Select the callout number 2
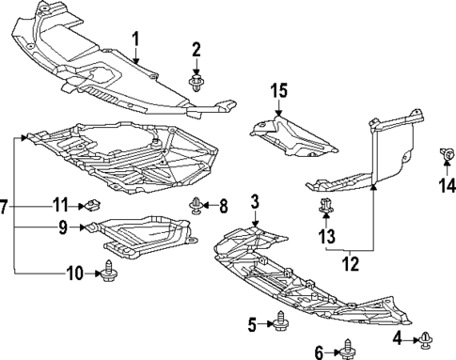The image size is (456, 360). tap(197, 49)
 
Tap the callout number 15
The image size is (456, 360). tap(278, 91)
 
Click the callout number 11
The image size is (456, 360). tap(60, 203)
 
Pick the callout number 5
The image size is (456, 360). tap(253, 325)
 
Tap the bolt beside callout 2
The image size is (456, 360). tap(197, 84)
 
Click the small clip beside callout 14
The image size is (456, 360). tap(448, 154)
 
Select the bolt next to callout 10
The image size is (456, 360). tap(107, 274)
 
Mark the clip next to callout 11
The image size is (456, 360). tap(92, 205)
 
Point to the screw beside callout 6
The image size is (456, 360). tap(347, 349)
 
